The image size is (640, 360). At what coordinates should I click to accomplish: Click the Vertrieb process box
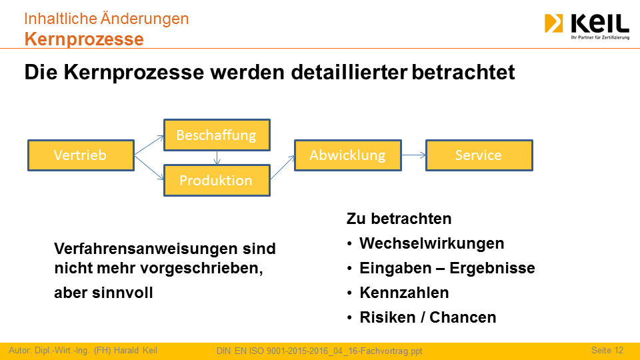(x=81, y=155)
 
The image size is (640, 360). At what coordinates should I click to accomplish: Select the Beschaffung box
(x=217, y=135)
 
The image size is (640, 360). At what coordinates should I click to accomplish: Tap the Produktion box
(x=217, y=181)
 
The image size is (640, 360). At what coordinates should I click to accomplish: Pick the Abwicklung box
(x=348, y=155)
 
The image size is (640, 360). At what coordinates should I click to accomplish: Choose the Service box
(x=479, y=155)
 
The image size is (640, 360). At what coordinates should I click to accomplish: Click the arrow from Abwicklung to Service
(x=413, y=155)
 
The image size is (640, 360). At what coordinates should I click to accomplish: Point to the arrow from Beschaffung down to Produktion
(x=217, y=158)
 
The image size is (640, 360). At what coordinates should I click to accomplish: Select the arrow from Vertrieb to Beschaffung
(x=149, y=145)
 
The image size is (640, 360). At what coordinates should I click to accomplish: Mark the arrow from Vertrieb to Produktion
(x=149, y=168)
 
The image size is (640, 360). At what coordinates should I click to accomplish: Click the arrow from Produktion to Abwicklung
(x=283, y=167)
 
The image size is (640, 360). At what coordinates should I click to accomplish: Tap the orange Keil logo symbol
(x=553, y=23)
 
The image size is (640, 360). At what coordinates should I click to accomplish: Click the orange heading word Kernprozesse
(x=84, y=39)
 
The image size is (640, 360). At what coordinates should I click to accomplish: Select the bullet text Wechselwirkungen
(x=432, y=243)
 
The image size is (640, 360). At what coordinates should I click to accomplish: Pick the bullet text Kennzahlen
(x=404, y=293)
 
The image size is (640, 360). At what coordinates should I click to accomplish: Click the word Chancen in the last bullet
(x=463, y=317)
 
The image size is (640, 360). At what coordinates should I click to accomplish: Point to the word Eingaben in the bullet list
(x=395, y=268)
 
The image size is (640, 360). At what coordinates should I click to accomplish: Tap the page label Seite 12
(x=607, y=350)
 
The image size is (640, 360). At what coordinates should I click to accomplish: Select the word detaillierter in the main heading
(x=349, y=72)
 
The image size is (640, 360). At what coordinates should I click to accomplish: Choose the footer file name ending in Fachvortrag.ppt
(x=319, y=351)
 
